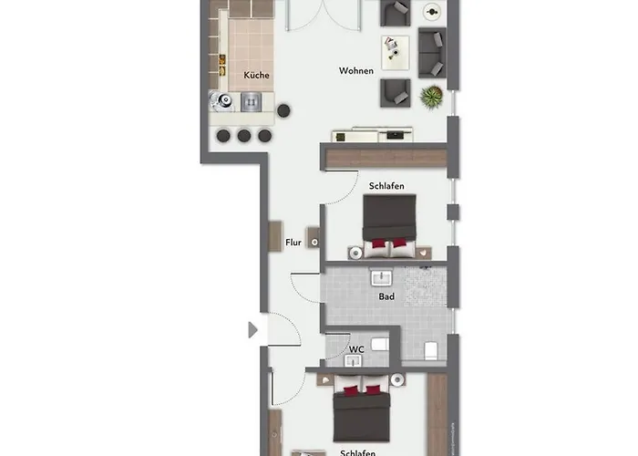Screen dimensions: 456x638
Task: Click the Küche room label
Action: tap(256, 76)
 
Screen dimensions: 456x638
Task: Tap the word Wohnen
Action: tap(356, 71)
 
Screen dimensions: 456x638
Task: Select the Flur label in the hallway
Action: tap(293, 243)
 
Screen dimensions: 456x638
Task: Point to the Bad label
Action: tap(386, 296)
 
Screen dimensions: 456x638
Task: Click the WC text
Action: tap(357, 347)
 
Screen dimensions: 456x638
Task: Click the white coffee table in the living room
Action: tap(396, 52)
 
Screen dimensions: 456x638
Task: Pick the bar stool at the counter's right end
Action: tap(284, 110)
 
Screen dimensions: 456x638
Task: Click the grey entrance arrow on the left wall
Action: tap(253, 329)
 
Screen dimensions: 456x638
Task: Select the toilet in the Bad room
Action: tap(430, 349)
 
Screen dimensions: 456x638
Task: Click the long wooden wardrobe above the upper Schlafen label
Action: tap(386, 159)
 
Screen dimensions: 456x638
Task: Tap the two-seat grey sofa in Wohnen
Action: tap(431, 53)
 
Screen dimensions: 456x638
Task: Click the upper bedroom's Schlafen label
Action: tap(386, 186)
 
